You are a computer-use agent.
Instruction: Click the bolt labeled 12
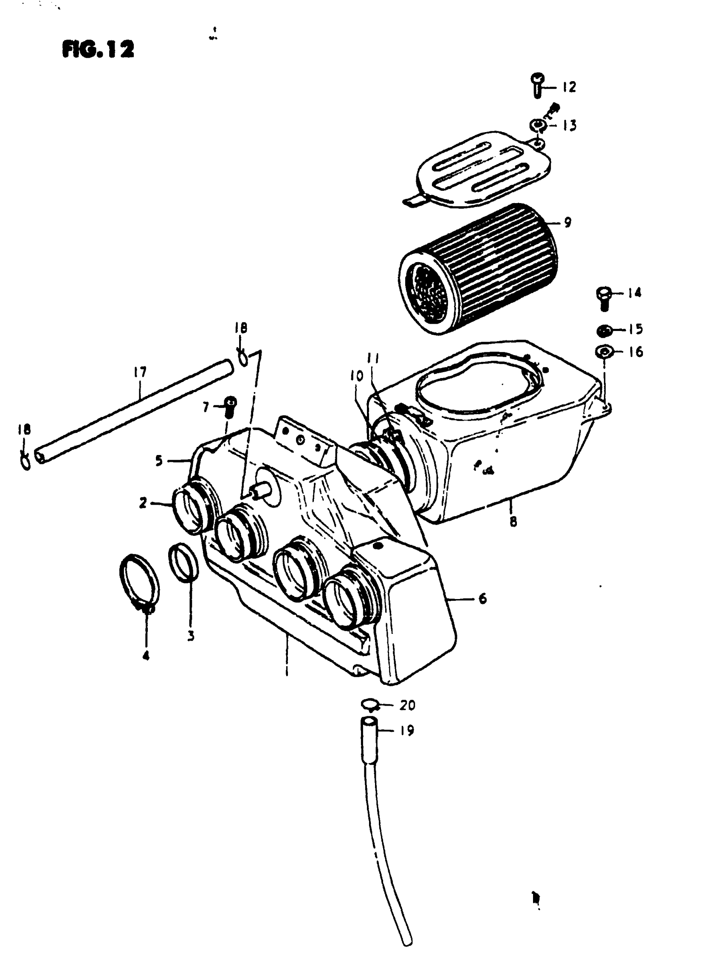pos(538,85)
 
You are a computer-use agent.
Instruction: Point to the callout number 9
pos(567,223)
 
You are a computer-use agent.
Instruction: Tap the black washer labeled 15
pos(604,331)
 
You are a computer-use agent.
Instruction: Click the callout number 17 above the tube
pos(140,372)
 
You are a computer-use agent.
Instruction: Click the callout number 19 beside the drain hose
pos(407,730)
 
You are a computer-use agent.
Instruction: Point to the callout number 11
pos(373,359)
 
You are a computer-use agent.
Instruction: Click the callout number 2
pos(143,503)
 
